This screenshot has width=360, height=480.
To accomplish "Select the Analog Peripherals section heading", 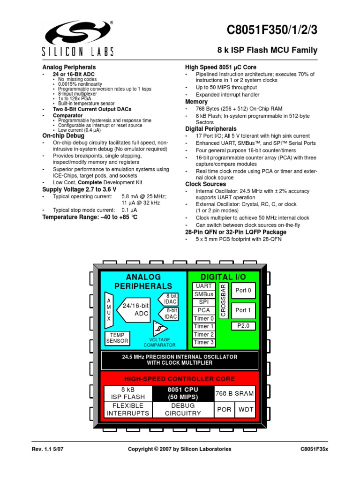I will (x=69, y=67).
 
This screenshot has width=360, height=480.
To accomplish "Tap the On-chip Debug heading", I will (x=63, y=135).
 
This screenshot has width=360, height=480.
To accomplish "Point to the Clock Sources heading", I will (x=205, y=184).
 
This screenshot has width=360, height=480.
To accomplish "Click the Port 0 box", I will (x=243, y=291).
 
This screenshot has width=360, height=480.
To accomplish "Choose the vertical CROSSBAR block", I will (x=224, y=300).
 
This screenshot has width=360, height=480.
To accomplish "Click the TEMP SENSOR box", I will (x=117, y=338).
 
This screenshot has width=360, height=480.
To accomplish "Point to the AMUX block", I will (x=109, y=310).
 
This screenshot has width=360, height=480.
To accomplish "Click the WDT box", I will (x=247, y=409).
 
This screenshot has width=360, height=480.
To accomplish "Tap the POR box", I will (x=225, y=409).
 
